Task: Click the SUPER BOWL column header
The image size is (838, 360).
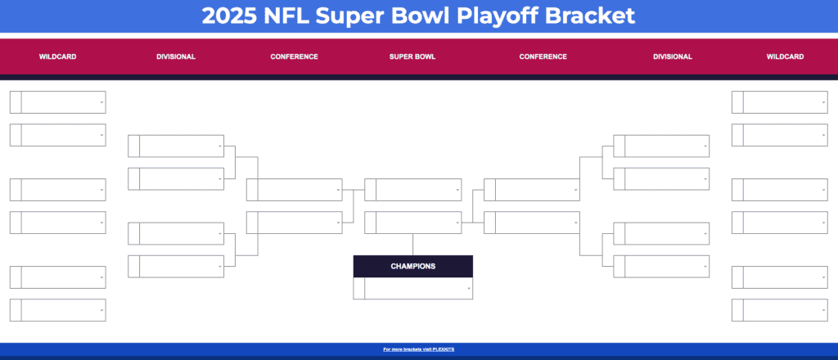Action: [x=412, y=57]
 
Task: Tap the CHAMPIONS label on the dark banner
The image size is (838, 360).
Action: [x=412, y=266]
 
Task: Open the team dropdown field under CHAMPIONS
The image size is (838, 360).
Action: [x=418, y=289]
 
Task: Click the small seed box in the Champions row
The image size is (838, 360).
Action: [x=358, y=289]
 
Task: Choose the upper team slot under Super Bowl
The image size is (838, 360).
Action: [x=417, y=190]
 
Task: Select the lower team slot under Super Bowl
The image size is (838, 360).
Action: [x=417, y=223]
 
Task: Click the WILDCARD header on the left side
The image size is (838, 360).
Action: [x=57, y=57]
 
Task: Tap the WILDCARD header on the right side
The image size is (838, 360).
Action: [x=785, y=57]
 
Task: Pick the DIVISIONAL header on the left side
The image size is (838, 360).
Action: [x=176, y=57]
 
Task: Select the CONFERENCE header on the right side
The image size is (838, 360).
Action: [x=543, y=57]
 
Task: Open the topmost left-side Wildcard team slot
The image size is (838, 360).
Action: [x=62, y=102]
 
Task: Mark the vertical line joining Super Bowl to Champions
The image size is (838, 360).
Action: [x=412, y=245]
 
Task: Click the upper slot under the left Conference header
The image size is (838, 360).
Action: [x=299, y=190]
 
